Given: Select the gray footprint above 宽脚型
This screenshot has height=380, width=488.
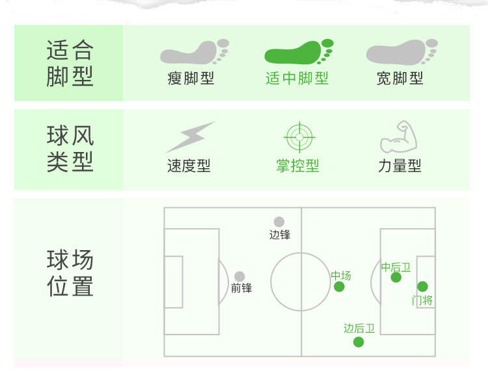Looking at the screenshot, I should point(401,52).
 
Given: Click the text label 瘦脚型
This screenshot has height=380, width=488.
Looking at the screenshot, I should point(191,79).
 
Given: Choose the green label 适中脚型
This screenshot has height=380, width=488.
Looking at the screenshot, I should point(297,79).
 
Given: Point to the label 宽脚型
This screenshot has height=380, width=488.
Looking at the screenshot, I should point(400,79).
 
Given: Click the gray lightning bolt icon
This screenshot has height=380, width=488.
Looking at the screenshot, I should point(189,137).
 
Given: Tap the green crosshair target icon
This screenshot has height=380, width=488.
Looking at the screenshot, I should point(300,137).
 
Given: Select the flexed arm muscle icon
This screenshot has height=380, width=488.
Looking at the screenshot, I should point(398,137).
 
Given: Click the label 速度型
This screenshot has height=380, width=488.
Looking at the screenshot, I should point(189,166).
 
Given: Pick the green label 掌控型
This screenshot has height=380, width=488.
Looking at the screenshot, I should point(297,166).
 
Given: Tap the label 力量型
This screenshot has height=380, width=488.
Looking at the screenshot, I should point(400,166).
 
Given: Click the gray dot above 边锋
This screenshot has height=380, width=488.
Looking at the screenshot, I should point(279,222).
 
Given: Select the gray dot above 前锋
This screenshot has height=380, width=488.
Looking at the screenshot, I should point(240,277).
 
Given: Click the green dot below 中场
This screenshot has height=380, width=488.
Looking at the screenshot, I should point(339,286).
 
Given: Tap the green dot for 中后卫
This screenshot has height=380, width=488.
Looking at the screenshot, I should point(396,277).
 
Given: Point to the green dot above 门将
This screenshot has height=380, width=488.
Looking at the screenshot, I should point(422,286).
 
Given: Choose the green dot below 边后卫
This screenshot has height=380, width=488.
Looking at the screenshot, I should point(359,342).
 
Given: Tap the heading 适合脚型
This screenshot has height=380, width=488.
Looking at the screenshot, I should point(70,63).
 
